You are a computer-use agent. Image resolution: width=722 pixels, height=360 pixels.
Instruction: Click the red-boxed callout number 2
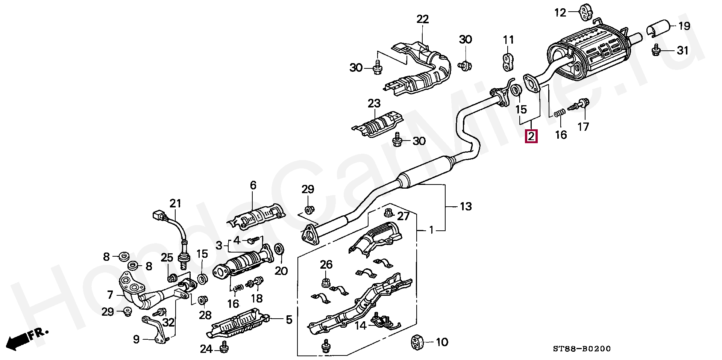[531, 136]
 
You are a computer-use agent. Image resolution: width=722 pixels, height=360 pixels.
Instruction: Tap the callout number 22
[422, 19]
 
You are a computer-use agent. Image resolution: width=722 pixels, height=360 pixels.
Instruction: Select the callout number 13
[466, 206]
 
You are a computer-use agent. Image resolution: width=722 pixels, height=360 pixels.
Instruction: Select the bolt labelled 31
[657, 50]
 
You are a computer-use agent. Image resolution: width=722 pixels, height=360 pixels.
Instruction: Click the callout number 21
[175, 204]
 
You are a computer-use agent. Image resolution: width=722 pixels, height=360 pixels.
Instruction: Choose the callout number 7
[110, 295]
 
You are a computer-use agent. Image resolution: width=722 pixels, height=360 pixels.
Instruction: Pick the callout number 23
[374, 103]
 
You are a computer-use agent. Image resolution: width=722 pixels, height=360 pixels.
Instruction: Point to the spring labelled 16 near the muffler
[560, 112]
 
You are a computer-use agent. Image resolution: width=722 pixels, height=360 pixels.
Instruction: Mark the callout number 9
[136, 339]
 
